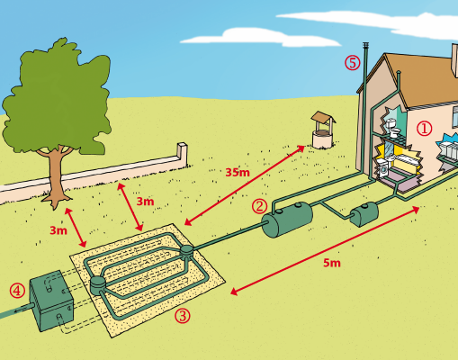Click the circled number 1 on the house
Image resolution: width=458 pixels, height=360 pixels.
point(424,129)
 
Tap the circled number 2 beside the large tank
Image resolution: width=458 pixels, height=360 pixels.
point(259,206)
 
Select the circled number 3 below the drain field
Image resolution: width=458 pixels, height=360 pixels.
point(183,316)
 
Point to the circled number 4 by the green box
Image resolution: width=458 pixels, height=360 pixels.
point(17,291)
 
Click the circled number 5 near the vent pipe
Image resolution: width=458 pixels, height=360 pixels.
point(352,63)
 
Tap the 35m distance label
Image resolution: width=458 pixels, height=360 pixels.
point(238,173)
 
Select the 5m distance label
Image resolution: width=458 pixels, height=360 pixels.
point(332,263)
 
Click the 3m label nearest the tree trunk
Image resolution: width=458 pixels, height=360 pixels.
point(58,230)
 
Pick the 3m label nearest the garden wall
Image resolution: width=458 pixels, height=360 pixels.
point(145,202)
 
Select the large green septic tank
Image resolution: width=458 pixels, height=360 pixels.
point(287,220)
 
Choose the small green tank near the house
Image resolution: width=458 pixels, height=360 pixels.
point(364,214)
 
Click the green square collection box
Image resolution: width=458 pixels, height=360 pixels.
point(51,301)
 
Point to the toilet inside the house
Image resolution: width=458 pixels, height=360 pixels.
point(393,128)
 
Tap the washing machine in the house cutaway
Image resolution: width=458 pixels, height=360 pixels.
point(382,168)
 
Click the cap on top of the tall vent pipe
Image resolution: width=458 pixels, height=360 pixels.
point(365,46)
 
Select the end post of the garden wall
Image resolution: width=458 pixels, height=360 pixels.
point(182,155)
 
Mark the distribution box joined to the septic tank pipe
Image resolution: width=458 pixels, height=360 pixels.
point(186,250)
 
